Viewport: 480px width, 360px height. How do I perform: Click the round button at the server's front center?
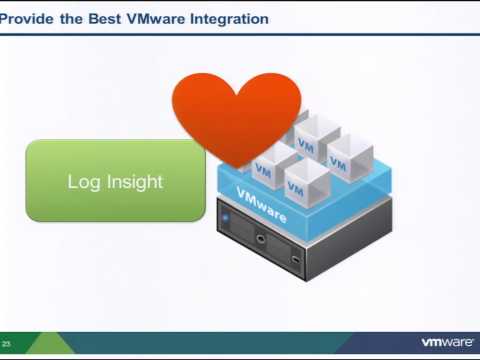click(262, 239)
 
